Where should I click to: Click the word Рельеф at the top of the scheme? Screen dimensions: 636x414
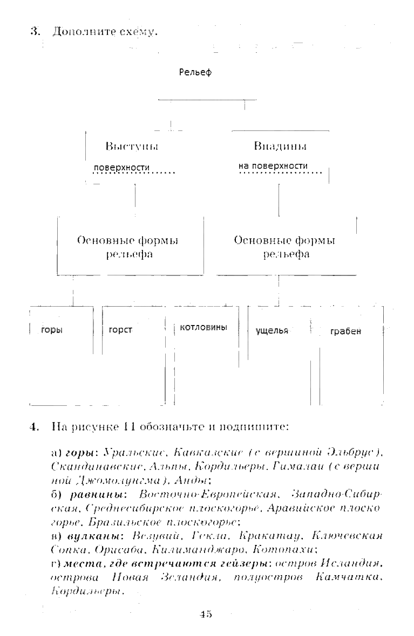click(x=195, y=73)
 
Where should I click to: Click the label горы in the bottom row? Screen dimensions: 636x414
click(x=52, y=330)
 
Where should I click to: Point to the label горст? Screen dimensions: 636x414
click(x=120, y=330)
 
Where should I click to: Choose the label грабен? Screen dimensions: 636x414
click(x=345, y=331)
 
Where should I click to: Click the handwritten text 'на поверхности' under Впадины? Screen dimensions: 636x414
click(x=273, y=166)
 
